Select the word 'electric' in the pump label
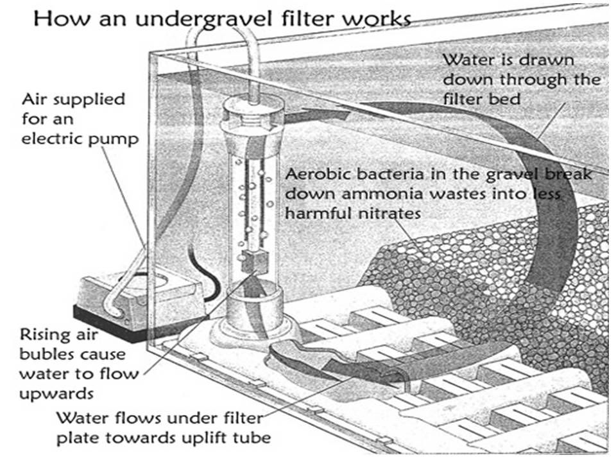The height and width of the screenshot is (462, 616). coord(51,139)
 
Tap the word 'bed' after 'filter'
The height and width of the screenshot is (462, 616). coord(505,99)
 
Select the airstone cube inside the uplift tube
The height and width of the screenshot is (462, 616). coord(255,261)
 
